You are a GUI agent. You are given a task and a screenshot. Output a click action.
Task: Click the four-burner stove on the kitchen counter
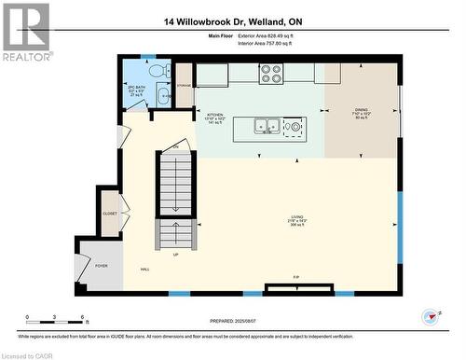point(271,72)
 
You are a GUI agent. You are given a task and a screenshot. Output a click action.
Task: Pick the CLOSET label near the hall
point(110,212)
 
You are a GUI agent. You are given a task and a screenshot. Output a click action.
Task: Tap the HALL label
point(145,270)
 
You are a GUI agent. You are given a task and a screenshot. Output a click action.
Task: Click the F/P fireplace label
point(296,278)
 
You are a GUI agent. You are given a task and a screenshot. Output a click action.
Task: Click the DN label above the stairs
point(174,147)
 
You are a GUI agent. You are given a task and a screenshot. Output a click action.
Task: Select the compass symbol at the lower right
point(431,316)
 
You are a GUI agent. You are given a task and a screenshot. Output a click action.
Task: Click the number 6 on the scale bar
point(84,318)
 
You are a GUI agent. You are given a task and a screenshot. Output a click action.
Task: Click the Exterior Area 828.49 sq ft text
point(265,35)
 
